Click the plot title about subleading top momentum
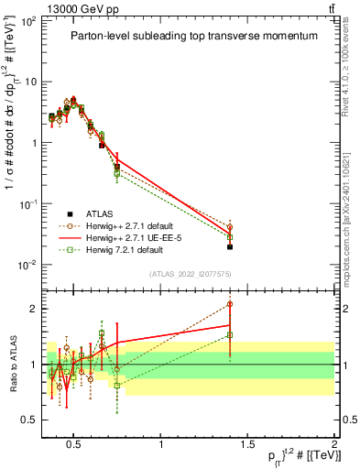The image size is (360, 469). click(x=194, y=37)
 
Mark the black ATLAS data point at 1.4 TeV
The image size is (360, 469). click(x=230, y=246)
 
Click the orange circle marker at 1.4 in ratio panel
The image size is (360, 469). click(x=230, y=304)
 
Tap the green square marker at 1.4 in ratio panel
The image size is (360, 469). click(x=230, y=335)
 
